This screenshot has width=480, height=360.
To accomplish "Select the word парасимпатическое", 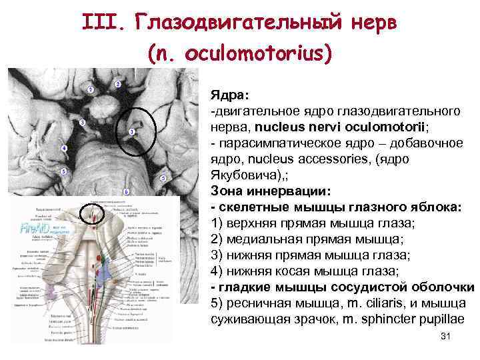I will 278,143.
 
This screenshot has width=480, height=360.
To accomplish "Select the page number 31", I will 446,337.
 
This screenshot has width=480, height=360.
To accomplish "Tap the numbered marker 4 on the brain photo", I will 64,147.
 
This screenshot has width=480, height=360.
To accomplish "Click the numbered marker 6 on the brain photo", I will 126,191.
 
